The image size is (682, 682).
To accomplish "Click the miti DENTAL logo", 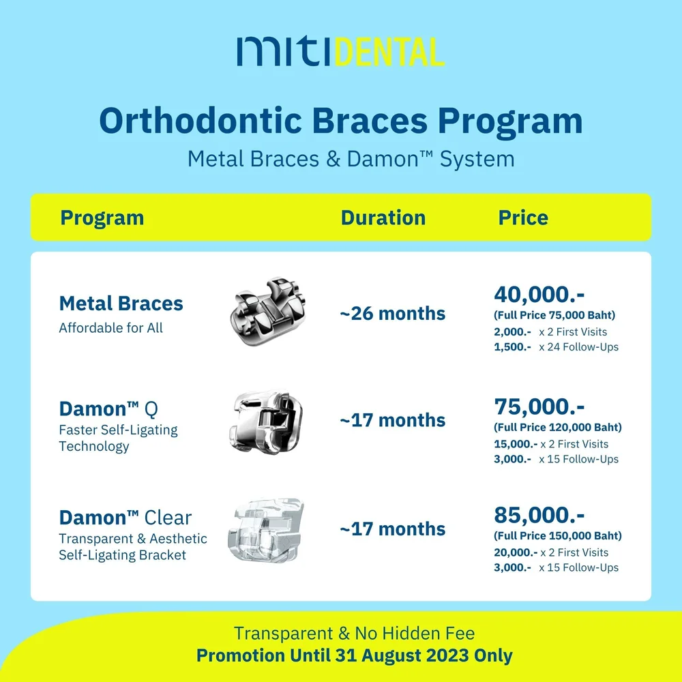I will click(341, 52).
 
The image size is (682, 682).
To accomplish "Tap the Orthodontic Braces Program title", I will click(341, 121).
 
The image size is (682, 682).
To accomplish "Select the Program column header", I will click(102, 218).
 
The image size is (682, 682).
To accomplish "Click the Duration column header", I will click(383, 218).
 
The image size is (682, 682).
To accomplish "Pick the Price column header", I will click(523, 218).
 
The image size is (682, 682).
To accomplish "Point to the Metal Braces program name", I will click(121, 303).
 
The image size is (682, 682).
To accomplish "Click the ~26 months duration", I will click(393, 314).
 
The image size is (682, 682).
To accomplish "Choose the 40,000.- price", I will click(539, 295).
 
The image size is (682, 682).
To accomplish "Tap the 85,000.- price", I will click(539, 514).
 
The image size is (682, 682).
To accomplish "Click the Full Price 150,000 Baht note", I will click(558, 536).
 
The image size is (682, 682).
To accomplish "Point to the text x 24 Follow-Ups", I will click(578, 347).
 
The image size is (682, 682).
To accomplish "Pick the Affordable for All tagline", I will click(111, 328).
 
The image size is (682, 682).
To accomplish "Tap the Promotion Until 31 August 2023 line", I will click(355, 655).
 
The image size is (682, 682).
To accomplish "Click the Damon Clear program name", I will click(125, 518).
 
